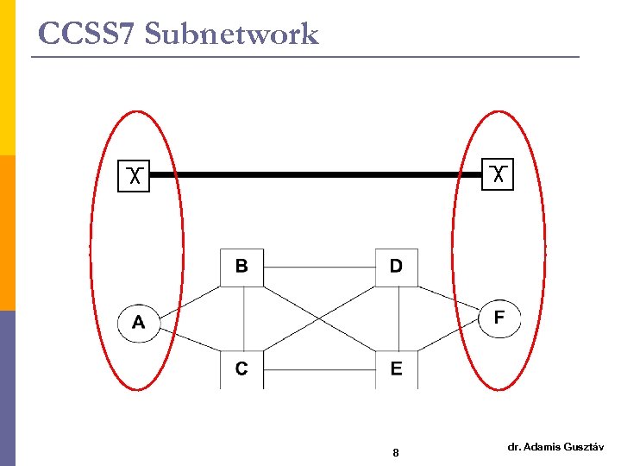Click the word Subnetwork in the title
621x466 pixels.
232,34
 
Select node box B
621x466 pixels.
241,267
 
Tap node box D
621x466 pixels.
396,267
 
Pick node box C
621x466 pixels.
241,369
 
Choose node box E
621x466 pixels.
396,369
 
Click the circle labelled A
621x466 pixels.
139,324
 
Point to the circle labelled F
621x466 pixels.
499,318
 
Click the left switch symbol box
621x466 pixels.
134,175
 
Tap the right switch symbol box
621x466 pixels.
498,174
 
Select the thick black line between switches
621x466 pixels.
316,174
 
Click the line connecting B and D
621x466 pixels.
318,267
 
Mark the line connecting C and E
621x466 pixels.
318,369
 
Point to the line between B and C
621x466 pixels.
244,318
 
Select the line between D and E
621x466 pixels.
398,318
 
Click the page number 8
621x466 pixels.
395,453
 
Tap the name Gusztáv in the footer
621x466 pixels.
582,447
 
